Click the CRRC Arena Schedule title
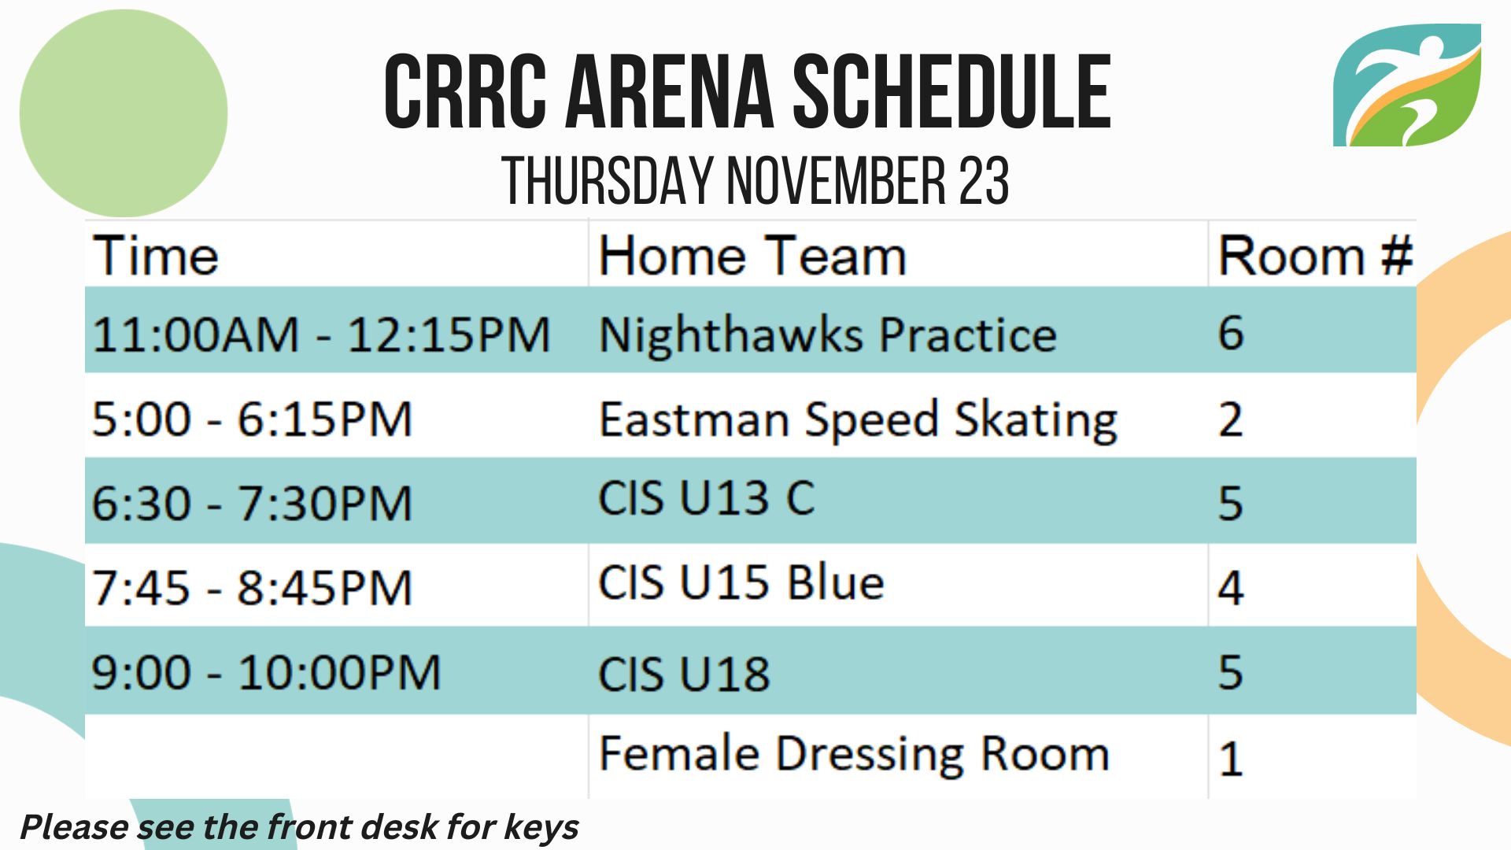coord(748,92)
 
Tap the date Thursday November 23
coord(755,181)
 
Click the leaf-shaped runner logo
coord(1407,85)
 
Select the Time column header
coord(156,256)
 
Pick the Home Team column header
coord(753,256)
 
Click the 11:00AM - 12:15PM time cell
coord(321,334)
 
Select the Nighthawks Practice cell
coord(827,335)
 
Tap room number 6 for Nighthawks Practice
coord(1231,332)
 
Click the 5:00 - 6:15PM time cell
coord(252,419)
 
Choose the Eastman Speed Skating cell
coord(858,420)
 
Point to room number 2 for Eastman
coord(1231,419)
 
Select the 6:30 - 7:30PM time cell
coord(252,503)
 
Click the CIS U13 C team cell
coord(707,498)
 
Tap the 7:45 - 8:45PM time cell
coord(252,588)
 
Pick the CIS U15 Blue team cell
coord(741,582)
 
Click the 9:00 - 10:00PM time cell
coord(266,673)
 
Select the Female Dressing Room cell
coord(854,754)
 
